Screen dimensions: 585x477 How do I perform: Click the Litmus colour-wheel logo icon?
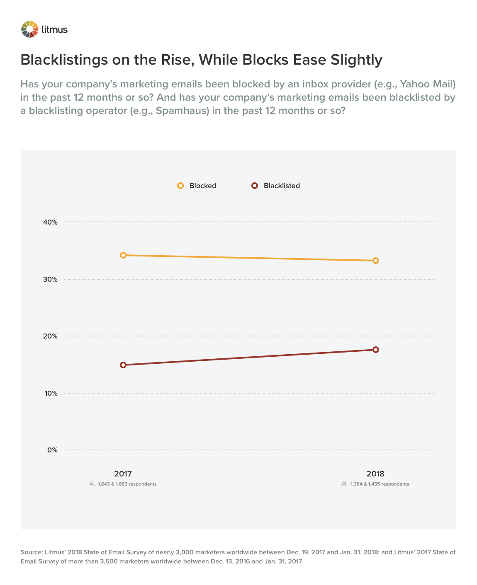point(29,29)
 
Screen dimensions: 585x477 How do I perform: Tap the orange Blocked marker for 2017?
point(123,255)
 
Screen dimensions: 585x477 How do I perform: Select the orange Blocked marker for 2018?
point(376,261)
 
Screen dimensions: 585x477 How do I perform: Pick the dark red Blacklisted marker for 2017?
point(123,365)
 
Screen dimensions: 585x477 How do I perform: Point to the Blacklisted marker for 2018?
point(376,350)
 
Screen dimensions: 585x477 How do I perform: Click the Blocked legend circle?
point(180,186)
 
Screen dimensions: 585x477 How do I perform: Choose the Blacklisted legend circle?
point(255,186)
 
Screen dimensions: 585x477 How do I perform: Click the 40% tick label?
point(50,222)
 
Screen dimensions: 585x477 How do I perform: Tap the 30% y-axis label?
point(50,279)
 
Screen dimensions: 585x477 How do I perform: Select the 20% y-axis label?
point(50,336)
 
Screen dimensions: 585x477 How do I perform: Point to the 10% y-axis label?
point(50,393)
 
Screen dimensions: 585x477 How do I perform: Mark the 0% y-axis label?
point(52,450)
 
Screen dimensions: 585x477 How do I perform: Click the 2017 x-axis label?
point(123,474)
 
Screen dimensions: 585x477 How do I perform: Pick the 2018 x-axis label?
point(375,474)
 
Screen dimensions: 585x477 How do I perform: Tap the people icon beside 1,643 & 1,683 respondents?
point(92,484)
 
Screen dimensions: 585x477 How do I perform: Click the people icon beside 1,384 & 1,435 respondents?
point(344,484)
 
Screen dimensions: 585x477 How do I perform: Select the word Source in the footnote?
point(31,552)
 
